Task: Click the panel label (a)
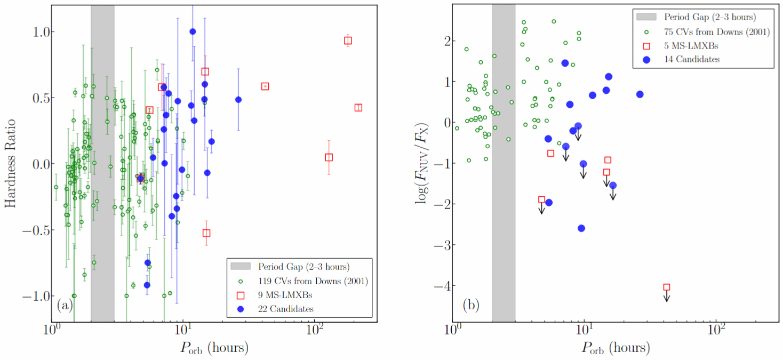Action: [x=65, y=306]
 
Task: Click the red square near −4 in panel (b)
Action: [x=666, y=287]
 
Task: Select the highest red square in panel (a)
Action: [x=348, y=41]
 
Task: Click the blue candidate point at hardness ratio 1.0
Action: [x=193, y=31]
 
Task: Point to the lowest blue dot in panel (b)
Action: [x=581, y=228]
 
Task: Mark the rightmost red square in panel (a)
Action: [x=358, y=108]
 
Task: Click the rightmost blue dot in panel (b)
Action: [x=640, y=94]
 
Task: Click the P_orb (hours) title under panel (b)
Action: [x=616, y=349]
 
